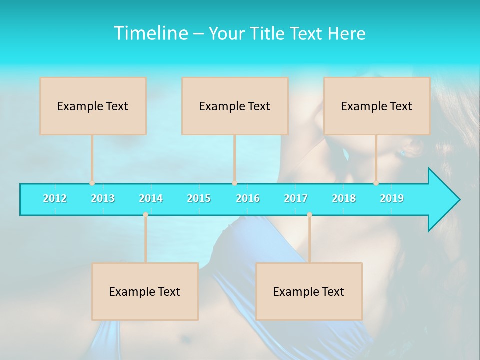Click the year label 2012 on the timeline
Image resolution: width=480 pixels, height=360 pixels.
click(55, 198)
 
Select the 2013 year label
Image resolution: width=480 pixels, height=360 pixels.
click(103, 198)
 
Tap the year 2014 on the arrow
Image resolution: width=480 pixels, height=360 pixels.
click(151, 198)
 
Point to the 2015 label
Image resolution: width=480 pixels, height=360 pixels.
click(199, 198)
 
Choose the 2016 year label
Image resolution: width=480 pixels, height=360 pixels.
click(248, 198)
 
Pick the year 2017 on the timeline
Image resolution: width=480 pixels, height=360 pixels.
click(296, 198)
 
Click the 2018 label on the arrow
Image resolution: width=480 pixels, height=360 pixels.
click(344, 198)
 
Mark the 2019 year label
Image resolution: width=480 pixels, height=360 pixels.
click(392, 198)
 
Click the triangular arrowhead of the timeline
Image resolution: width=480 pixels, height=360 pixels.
click(443, 200)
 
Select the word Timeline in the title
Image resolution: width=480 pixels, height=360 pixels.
click(150, 33)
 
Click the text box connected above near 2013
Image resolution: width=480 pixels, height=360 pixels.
click(93, 106)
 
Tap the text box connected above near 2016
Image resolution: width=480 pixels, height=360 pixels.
click(235, 106)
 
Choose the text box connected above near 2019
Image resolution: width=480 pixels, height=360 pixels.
click(377, 106)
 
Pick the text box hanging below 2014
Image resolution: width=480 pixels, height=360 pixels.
click(145, 291)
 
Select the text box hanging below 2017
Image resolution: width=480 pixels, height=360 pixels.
click(309, 291)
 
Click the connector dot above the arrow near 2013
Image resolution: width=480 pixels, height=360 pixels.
click(92, 183)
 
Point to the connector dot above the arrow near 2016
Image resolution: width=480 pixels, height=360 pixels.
click(234, 183)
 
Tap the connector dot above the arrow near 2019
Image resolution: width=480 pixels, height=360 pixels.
click(376, 183)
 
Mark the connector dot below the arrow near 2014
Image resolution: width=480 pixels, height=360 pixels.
click(145, 215)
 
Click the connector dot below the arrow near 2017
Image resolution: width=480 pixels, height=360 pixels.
click(309, 215)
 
